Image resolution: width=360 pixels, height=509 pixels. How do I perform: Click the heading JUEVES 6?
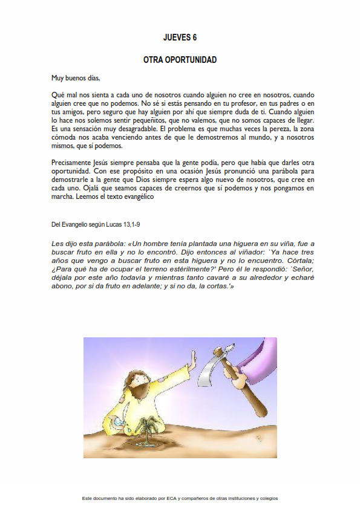180,37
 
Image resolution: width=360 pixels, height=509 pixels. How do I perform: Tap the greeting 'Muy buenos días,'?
76,78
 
